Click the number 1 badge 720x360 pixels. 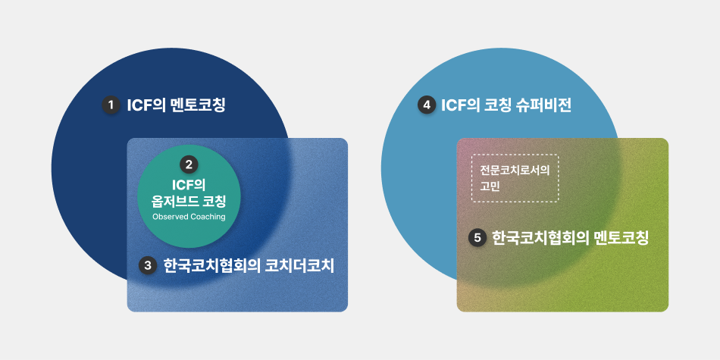coord(110,105)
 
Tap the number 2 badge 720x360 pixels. coord(189,164)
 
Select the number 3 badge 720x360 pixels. coord(147,265)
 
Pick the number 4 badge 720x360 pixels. coord(427,105)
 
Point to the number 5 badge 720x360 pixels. coord(477,238)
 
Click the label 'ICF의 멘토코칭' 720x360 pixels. coord(177,105)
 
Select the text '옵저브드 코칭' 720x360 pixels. coord(189,201)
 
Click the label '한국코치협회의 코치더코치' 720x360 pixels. coord(249,266)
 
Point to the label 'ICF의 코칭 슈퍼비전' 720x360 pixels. coord(506,105)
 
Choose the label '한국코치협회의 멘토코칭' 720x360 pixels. coord(570,238)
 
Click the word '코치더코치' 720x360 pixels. coord(299,266)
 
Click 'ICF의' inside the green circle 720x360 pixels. coord(189,185)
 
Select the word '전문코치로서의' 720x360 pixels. coord(515,170)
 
